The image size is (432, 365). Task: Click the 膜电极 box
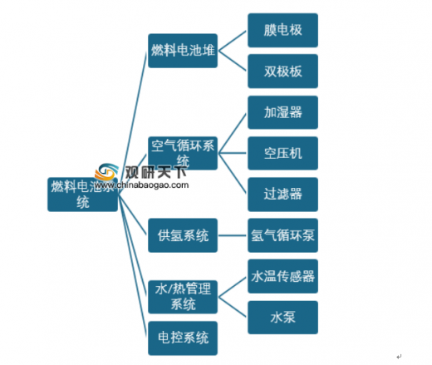282,30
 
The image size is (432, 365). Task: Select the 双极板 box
282,72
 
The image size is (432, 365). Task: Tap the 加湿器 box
282,112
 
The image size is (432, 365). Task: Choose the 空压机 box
282,153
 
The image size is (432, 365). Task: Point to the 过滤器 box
282,195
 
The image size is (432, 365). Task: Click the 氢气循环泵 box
282,235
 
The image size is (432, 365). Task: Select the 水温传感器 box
282,276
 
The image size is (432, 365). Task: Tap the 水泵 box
282,318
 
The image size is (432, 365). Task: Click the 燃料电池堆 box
183,51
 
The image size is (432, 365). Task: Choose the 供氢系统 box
183,235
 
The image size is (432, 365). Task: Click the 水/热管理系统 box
183,297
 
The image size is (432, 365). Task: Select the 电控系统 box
183,338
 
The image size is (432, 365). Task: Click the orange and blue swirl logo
106,172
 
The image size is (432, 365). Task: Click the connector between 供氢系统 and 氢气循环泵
232,235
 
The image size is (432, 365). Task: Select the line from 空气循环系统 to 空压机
232,153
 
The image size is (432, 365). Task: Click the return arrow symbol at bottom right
399,357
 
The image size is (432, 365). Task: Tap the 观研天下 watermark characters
155,172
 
